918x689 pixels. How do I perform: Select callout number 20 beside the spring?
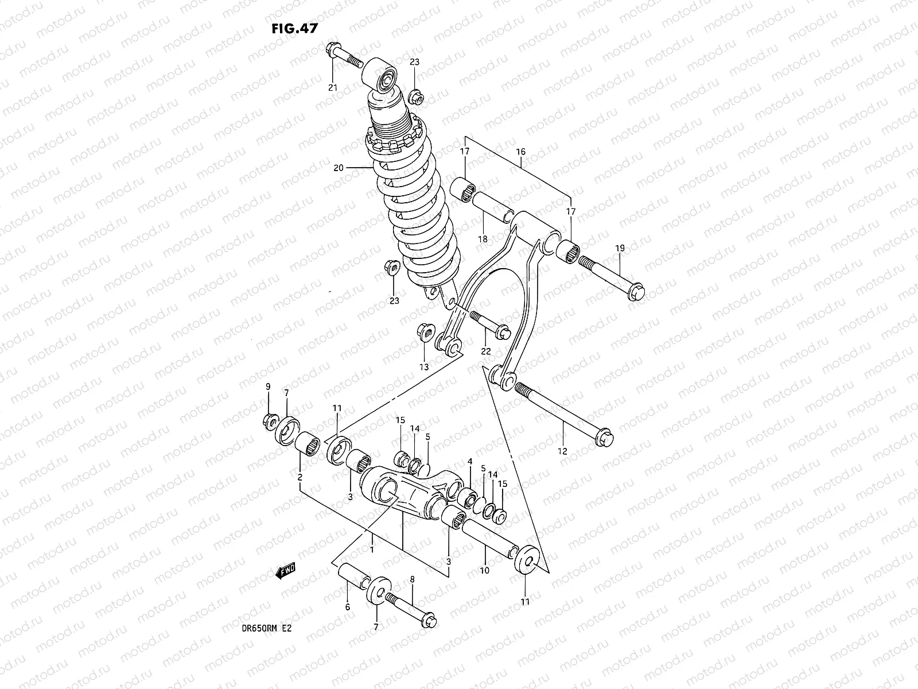(338, 168)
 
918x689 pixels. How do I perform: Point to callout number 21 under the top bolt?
(332, 87)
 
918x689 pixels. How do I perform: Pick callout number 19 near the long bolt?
(620, 248)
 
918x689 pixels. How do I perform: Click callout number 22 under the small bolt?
(486, 351)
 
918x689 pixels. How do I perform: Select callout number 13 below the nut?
(423, 367)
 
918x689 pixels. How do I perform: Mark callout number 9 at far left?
(267, 386)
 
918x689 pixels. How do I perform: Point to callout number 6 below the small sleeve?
(347, 607)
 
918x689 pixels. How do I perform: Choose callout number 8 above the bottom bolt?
(412, 579)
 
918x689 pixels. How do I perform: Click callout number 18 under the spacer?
(483, 239)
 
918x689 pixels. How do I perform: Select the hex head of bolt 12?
(605, 441)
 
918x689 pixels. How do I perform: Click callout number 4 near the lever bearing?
(469, 461)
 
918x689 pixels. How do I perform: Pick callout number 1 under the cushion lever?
(372, 549)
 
